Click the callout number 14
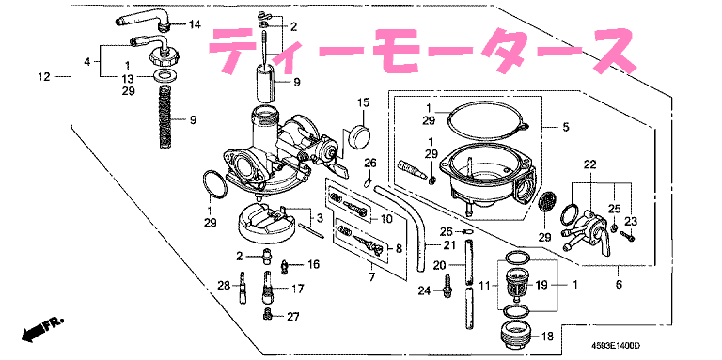[x=195, y=23]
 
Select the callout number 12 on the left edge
[x=43, y=76]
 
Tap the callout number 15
[x=362, y=102]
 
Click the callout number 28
[x=224, y=286]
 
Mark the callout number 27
[x=292, y=317]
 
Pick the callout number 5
[x=565, y=127]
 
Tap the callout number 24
[x=425, y=291]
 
